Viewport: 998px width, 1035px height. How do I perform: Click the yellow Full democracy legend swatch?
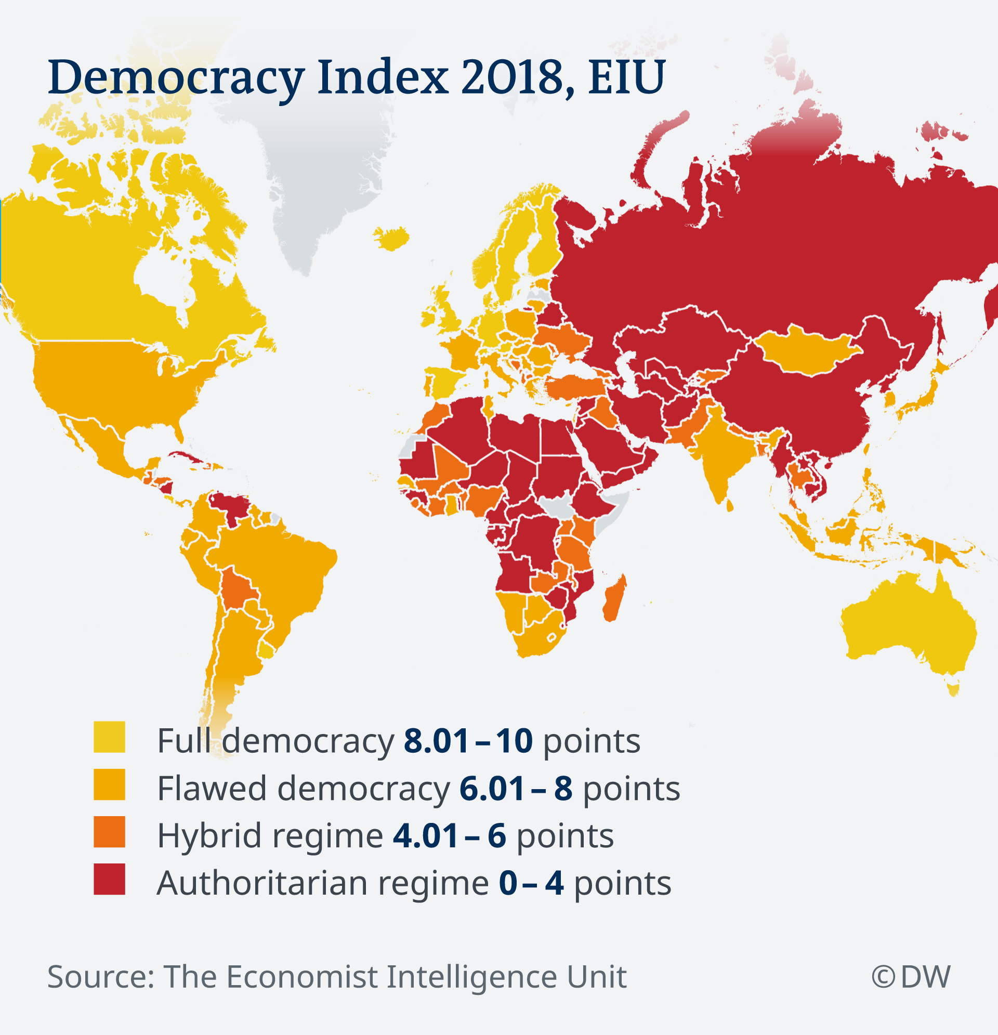click(x=109, y=737)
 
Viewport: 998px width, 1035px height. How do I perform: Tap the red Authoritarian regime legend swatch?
click(x=109, y=879)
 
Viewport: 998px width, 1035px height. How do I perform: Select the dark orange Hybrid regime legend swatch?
click(x=109, y=832)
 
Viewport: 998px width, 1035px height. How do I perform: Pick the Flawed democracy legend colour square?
click(x=109, y=784)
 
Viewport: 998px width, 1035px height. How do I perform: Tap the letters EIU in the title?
click(x=627, y=77)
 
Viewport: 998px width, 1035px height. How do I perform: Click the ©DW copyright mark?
click(x=911, y=976)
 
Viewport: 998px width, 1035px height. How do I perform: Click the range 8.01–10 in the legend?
click(x=468, y=740)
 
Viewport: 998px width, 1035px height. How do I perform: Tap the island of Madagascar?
click(x=615, y=598)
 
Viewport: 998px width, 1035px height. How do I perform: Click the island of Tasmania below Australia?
click(x=953, y=690)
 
